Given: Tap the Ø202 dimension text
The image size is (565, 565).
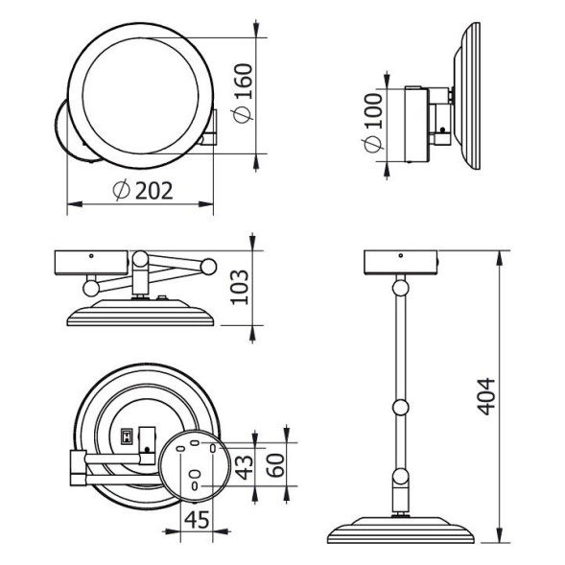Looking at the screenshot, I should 142,191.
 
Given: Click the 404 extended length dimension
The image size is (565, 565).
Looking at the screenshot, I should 489,395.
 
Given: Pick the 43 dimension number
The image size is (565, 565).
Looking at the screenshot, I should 244,467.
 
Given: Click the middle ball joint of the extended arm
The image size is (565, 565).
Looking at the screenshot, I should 400,410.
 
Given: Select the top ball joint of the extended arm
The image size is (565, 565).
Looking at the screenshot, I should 400,284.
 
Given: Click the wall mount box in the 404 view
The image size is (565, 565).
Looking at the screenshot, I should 400,261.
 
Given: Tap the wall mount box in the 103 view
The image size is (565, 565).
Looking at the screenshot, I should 91,263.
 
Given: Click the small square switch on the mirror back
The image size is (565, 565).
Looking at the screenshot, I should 124,435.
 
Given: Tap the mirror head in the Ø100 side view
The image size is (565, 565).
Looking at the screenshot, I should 470,96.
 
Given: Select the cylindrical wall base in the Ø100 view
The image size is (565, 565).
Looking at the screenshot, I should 416,123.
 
